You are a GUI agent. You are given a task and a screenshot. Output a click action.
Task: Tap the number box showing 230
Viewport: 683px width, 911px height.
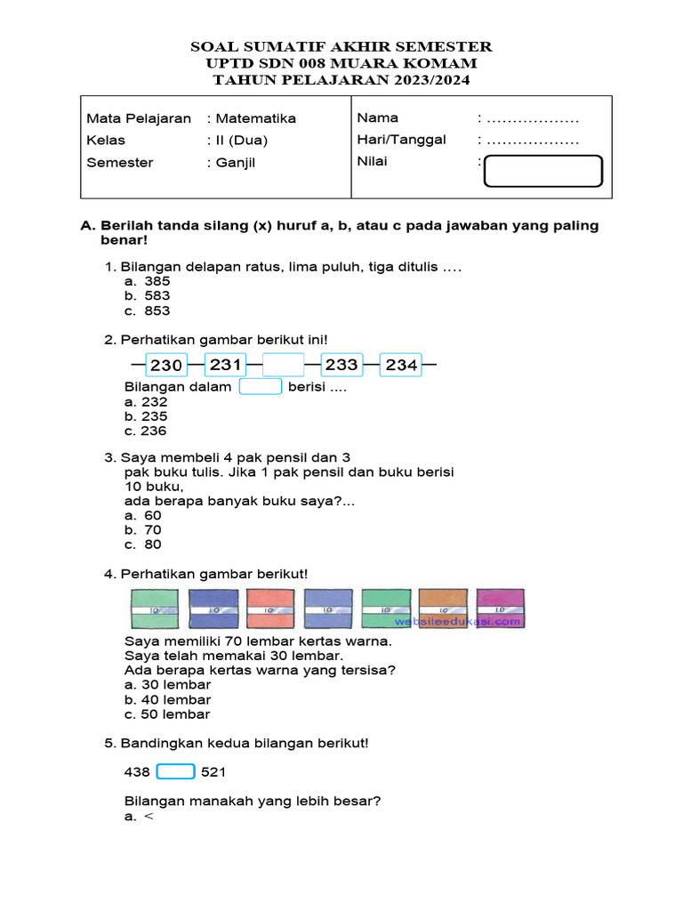point(166,365)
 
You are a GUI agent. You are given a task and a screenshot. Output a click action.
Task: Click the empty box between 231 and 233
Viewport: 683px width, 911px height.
point(284,365)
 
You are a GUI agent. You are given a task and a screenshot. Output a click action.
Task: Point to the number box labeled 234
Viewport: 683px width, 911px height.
point(401,365)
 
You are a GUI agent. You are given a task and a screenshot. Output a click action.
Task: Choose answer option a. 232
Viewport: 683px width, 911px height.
point(147,401)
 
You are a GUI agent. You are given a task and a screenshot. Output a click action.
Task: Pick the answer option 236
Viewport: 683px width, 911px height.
point(147,431)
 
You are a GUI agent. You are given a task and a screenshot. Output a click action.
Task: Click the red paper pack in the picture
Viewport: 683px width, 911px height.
point(269,609)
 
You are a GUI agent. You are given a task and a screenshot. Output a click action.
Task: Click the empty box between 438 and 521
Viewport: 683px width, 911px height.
point(175,772)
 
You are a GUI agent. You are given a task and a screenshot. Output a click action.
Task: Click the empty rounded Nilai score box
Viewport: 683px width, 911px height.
point(542,171)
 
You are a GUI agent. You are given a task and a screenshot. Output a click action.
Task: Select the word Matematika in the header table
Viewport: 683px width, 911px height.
point(256,118)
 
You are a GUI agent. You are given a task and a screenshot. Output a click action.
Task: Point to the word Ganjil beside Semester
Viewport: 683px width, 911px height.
point(236,163)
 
